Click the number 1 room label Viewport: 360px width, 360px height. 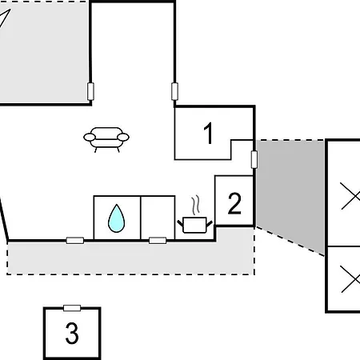(x=208, y=133)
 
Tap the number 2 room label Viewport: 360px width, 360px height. (x=234, y=203)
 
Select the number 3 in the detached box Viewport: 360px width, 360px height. (x=72, y=333)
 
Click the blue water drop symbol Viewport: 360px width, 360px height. (x=116, y=218)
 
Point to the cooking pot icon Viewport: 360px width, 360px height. (x=195, y=225)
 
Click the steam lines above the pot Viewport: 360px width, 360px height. (x=196, y=204)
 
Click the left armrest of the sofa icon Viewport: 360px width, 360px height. (x=90, y=137)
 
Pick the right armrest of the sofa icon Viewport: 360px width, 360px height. (x=123, y=137)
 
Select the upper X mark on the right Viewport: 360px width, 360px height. (x=350, y=196)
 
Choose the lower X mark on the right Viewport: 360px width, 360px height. (x=350, y=279)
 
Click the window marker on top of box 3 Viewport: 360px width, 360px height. (x=72, y=308)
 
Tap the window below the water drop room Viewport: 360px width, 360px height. (x=158, y=241)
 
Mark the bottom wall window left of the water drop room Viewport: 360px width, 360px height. (x=75, y=241)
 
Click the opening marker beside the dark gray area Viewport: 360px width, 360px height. (x=254, y=159)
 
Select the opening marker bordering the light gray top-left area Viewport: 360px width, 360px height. (x=90, y=91)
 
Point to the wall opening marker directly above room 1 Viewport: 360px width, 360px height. (x=174, y=91)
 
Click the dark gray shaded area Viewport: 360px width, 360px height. (x=290, y=186)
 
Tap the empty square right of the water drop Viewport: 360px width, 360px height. (x=158, y=218)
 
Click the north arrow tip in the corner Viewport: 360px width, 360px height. (x=10, y=10)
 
